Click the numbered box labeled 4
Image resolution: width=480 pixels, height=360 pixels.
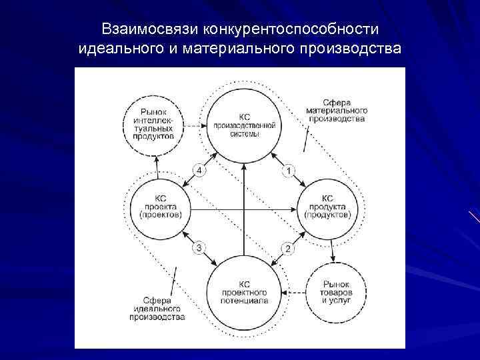pos(199,171)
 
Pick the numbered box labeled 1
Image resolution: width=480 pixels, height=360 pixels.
pos(287,171)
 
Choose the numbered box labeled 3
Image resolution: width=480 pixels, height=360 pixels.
pos(199,248)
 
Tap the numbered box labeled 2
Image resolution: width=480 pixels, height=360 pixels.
pos(287,249)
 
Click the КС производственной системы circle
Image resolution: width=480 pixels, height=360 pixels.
pos(243,125)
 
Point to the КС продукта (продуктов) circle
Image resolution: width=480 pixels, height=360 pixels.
pos(327,207)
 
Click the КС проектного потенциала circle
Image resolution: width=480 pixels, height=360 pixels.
pos(243,291)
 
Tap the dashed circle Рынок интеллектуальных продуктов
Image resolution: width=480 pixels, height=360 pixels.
pos(158,124)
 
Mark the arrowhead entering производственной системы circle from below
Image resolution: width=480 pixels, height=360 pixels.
pos(243,165)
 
